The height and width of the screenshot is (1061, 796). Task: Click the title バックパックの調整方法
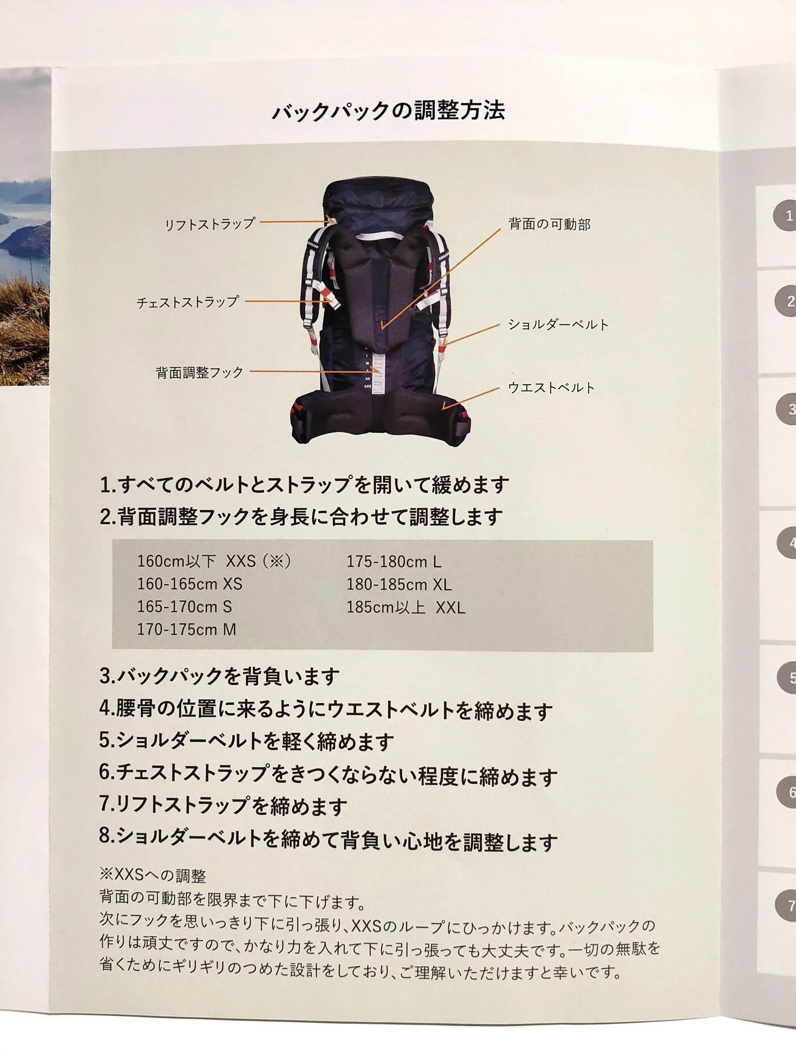pos(388,111)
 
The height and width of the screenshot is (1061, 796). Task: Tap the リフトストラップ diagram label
pos(210,224)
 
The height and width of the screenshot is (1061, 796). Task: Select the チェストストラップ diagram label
pos(188,302)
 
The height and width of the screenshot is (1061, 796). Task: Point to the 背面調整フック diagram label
pos(199,372)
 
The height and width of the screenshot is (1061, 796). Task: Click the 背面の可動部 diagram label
pos(549,224)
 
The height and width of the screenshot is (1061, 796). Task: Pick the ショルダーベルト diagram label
pos(558,325)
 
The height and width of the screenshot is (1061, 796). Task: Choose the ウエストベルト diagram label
pos(551,388)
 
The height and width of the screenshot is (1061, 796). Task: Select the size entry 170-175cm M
pos(187,629)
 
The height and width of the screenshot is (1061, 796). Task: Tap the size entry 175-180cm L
pos(394,562)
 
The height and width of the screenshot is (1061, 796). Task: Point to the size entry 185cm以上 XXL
pos(406,608)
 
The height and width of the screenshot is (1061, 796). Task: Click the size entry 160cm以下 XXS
pos(214,561)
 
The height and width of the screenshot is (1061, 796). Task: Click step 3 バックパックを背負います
pos(219,676)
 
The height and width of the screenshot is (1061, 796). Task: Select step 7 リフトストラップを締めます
pos(223,805)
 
